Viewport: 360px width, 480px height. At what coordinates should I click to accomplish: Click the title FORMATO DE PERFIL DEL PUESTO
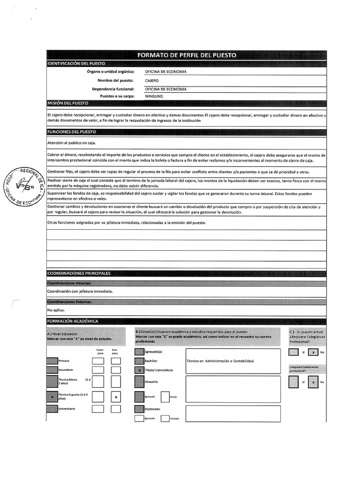click(187, 55)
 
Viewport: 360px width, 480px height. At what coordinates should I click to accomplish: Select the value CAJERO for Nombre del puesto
click(152, 81)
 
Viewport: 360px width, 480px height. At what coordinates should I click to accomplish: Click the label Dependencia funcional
click(113, 89)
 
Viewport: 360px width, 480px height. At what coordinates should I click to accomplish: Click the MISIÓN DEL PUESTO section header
click(67, 103)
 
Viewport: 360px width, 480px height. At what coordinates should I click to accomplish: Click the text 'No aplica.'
click(56, 310)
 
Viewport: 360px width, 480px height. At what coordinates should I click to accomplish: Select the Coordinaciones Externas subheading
click(69, 302)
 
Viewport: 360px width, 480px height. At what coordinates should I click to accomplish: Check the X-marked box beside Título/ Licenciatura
click(139, 370)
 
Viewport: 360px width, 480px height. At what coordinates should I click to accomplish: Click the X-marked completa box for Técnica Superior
click(116, 397)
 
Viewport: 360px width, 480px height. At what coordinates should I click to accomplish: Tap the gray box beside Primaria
click(52, 361)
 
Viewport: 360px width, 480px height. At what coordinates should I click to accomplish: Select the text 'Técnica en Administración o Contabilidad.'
click(220, 361)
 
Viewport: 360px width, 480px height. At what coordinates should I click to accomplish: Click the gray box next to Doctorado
click(139, 409)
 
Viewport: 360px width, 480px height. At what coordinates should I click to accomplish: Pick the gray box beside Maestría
click(139, 382)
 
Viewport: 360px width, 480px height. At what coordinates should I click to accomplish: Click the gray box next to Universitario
click(52, 409)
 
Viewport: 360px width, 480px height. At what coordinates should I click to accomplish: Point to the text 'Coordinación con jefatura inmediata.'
click(80, 291)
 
